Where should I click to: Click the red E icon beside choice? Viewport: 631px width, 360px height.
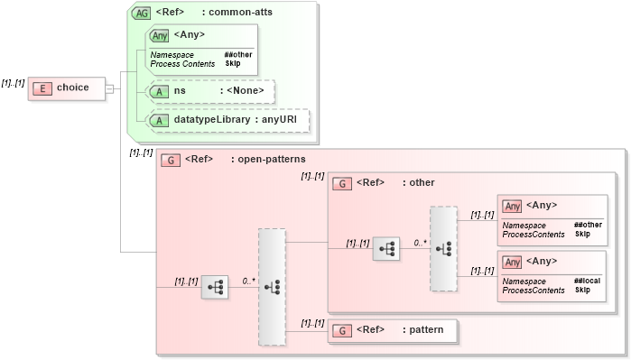point(42,88)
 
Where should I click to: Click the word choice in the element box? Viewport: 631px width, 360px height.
point(73,88)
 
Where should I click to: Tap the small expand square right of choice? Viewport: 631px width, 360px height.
point(109,88)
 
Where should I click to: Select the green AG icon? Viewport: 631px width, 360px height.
point(142,13)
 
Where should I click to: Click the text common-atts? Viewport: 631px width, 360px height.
point(240,13)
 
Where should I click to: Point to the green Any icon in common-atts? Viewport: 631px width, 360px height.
point(159,35)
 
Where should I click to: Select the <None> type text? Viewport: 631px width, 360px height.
point(246,90)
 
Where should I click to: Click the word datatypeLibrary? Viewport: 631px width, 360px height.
point(212,119)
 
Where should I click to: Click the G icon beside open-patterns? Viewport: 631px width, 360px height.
point(169,160)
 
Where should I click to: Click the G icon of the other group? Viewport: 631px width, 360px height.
point(341,182)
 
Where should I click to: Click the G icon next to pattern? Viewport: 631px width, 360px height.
point(341,330)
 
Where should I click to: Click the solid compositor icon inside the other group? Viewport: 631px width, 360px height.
point(386,249)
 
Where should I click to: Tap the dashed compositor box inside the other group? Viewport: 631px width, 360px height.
point(443,249)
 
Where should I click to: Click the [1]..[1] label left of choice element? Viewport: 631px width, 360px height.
point(14,82)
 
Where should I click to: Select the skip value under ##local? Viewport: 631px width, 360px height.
point(582,291)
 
